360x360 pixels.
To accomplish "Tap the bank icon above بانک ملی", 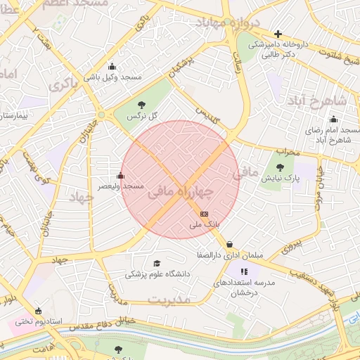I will pyautogui.click(x=204, y=213).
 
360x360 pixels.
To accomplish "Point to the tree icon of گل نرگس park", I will pyautogui.click(x=132, y=105).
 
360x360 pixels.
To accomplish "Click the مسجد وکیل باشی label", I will pyautogui.click(x=112, y=77).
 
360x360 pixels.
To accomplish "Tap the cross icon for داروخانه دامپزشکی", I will pyautogui.click(x=278, y=34).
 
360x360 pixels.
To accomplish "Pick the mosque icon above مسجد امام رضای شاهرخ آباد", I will pyautogui.click(x=333, y=120).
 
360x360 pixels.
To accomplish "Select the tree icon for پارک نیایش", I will pyautogui.click(x=281, y=167).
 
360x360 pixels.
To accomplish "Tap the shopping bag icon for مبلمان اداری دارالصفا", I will pyautogui.click(x=230, y=245).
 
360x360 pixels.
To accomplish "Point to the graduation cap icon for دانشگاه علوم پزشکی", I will pyautogui.click(x=156, y=264).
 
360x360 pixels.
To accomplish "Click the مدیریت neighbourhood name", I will pyautogui.click(x=169, y=300).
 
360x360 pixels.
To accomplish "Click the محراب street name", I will pyautogui.click(x=288, y=150).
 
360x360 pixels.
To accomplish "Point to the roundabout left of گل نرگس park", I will pyautogui.click(x=102, y=115).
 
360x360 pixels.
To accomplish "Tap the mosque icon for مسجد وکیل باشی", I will pyautogui.click(x=112, y=67).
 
